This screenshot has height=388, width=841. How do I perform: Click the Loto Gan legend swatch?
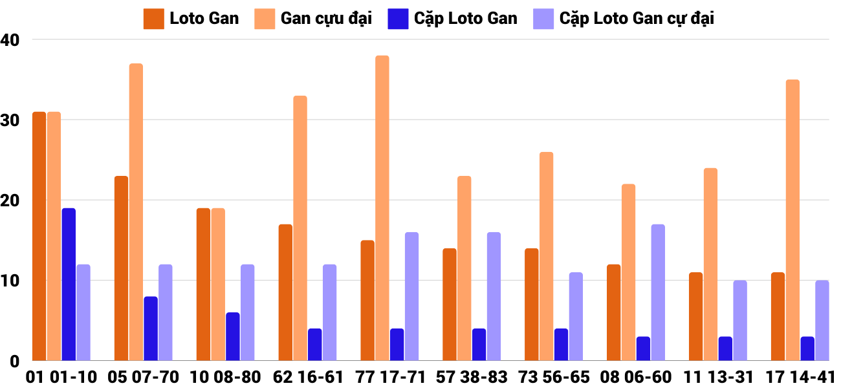pyautogui.click(x=153, y=19)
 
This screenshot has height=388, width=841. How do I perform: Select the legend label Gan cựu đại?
pyautogui.click(x=326, y=19)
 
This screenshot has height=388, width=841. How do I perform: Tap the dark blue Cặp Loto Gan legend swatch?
pyautogui.click(x=397, y=19)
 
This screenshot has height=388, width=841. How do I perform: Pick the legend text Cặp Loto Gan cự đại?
pyautogui.click(x=637, y=19)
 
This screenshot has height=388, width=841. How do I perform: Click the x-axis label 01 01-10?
pyautogui.click(x=61, y=377)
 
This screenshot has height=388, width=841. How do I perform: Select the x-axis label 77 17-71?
pyautogui.click(x=389, y=377)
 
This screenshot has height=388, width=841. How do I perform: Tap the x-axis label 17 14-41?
pyautogui.click(x=800, y=377)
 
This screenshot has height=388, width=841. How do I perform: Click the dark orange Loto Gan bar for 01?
pyautogui.click(x=39, y=236)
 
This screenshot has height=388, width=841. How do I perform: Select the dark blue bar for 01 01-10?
pyautogui.click(x=69, y=285)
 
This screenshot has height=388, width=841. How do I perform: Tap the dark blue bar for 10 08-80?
pyautogui.click(x=233, y=336)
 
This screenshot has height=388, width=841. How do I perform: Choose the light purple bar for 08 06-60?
pyautogui.click(x=658, y=292)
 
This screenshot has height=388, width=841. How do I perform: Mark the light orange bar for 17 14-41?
pyautogui.click(x=792, y=220)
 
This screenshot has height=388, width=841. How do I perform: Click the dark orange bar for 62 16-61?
pyautogui.click(x=285, y=292)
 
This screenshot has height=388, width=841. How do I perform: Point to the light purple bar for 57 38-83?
pyautogui.click(x=494, y=296)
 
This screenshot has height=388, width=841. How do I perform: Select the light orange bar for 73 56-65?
pyautogui.click(x=547, y=256)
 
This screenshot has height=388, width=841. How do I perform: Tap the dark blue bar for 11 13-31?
pyautogui.click(x=725, y=349)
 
